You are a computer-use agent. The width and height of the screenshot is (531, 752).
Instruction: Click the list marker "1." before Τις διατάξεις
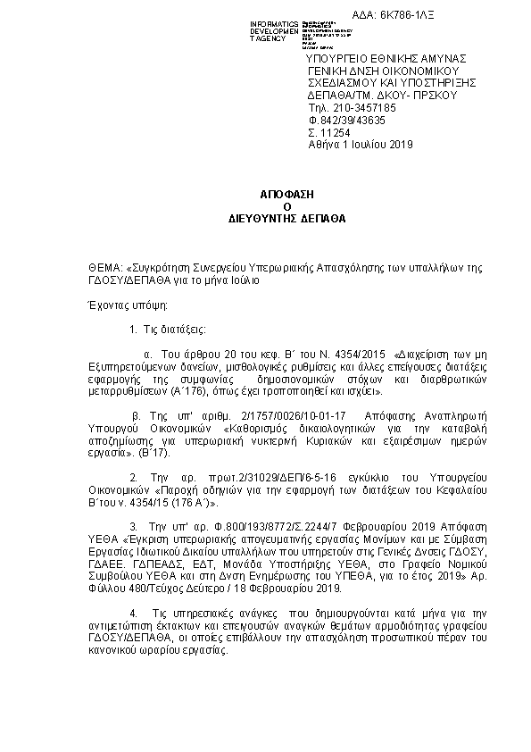(x=133, y=330)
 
